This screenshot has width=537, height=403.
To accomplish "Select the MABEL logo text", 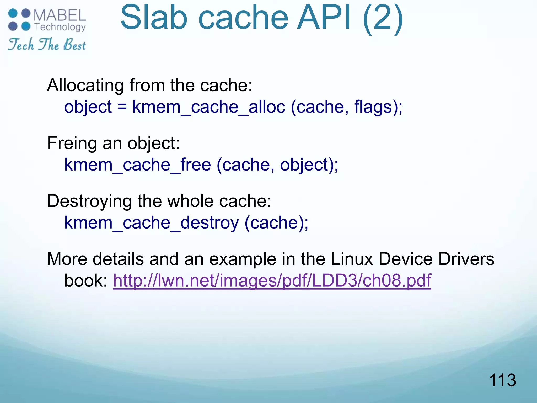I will click(60, 15).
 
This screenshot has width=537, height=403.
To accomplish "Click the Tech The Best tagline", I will click(47, 44).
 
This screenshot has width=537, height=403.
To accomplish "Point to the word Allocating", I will click(85, 85).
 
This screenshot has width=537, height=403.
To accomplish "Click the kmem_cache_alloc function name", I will click(208, 107).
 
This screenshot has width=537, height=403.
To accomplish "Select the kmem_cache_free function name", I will click(138, 165).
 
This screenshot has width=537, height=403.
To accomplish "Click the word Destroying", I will click(89, 201).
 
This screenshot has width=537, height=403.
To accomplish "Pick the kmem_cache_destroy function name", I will click(152, 223).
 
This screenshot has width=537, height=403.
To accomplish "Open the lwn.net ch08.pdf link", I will click(272, 280).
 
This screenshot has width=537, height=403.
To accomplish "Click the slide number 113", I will click(502, 380).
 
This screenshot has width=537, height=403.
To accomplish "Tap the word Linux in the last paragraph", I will click(352, 259).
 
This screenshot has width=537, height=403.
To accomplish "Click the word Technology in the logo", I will click(60, 27).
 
